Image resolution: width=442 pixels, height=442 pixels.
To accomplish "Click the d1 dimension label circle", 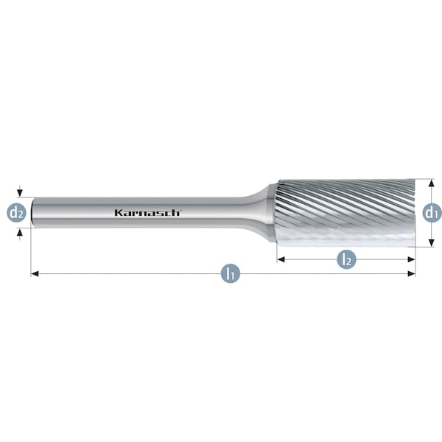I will point(432,213).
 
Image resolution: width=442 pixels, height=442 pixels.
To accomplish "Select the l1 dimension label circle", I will point(230,274).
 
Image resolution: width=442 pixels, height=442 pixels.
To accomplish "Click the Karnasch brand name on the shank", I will point(147,212).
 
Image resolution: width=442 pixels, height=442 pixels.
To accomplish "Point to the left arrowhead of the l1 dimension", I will point(34,274).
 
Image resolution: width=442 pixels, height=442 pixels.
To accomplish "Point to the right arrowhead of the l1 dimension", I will point(412,274).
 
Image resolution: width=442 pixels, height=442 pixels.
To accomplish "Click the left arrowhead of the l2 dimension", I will point(281,259).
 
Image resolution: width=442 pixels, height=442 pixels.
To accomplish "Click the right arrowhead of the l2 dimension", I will point(412,259).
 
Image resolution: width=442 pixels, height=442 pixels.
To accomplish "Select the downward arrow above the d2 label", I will point(21,193).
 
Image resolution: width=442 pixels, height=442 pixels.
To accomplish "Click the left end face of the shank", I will point(32,212).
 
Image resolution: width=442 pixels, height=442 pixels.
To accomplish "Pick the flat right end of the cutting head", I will point(413,212).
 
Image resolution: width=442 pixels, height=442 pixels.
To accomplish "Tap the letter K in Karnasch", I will point(118,212).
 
